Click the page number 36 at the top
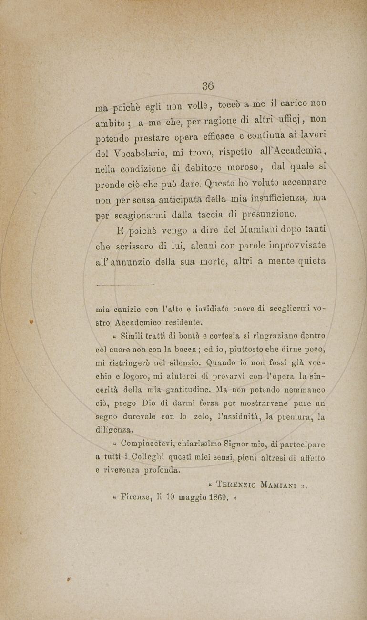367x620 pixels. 208,86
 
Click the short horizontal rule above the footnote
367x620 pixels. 125,285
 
